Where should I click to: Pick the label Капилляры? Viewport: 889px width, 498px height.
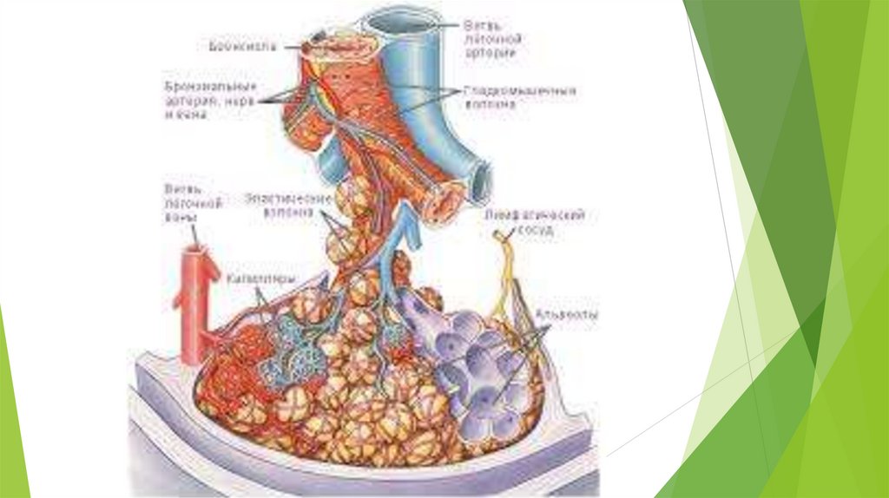(x=259, y=278)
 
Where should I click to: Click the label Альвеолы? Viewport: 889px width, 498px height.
(x=565, y=318)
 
